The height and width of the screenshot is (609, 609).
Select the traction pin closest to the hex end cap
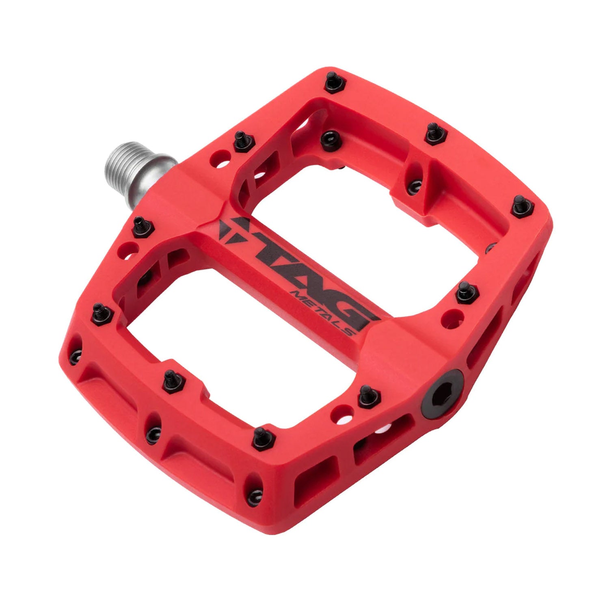pyautogui.click(x=369, y=396)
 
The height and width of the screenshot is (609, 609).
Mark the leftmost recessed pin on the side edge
pyautogui.click(x=75, y=357)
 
